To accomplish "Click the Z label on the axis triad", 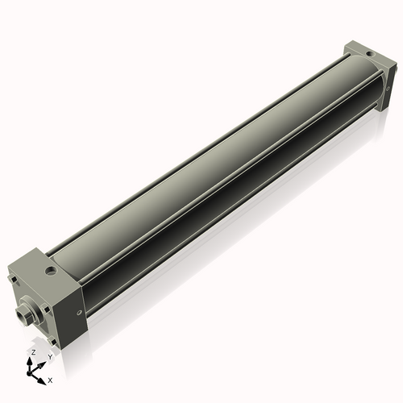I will pyautogui.click(x=33, y=353).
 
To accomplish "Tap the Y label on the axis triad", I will pyautogui.click(x=49, y=355).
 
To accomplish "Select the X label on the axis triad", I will pyautogui.click(x=51, y=379).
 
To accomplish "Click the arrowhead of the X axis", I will pyautogui.click(x=43, y=376).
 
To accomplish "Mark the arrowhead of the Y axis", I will pyautogui.click(x=42, y=362).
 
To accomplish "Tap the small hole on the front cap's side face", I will pyautogui.click(x=77, y=314).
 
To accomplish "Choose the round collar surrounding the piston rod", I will pyautogui.click(x=31, y=310).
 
